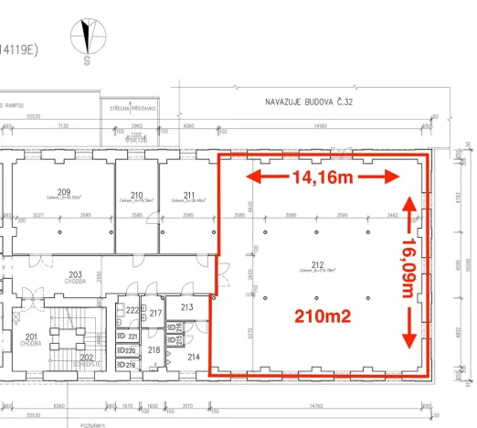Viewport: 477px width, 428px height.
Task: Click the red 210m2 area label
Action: coord(323,316)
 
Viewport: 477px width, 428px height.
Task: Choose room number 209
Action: coord(63,191)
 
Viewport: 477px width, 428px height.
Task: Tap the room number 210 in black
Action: coord(137,194)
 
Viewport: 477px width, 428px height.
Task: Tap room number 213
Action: coord(186,308)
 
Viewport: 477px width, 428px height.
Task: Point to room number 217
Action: coord(155,315)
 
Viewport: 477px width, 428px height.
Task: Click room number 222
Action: coord(132,311)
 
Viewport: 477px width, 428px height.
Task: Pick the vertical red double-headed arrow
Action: coord(411,270)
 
